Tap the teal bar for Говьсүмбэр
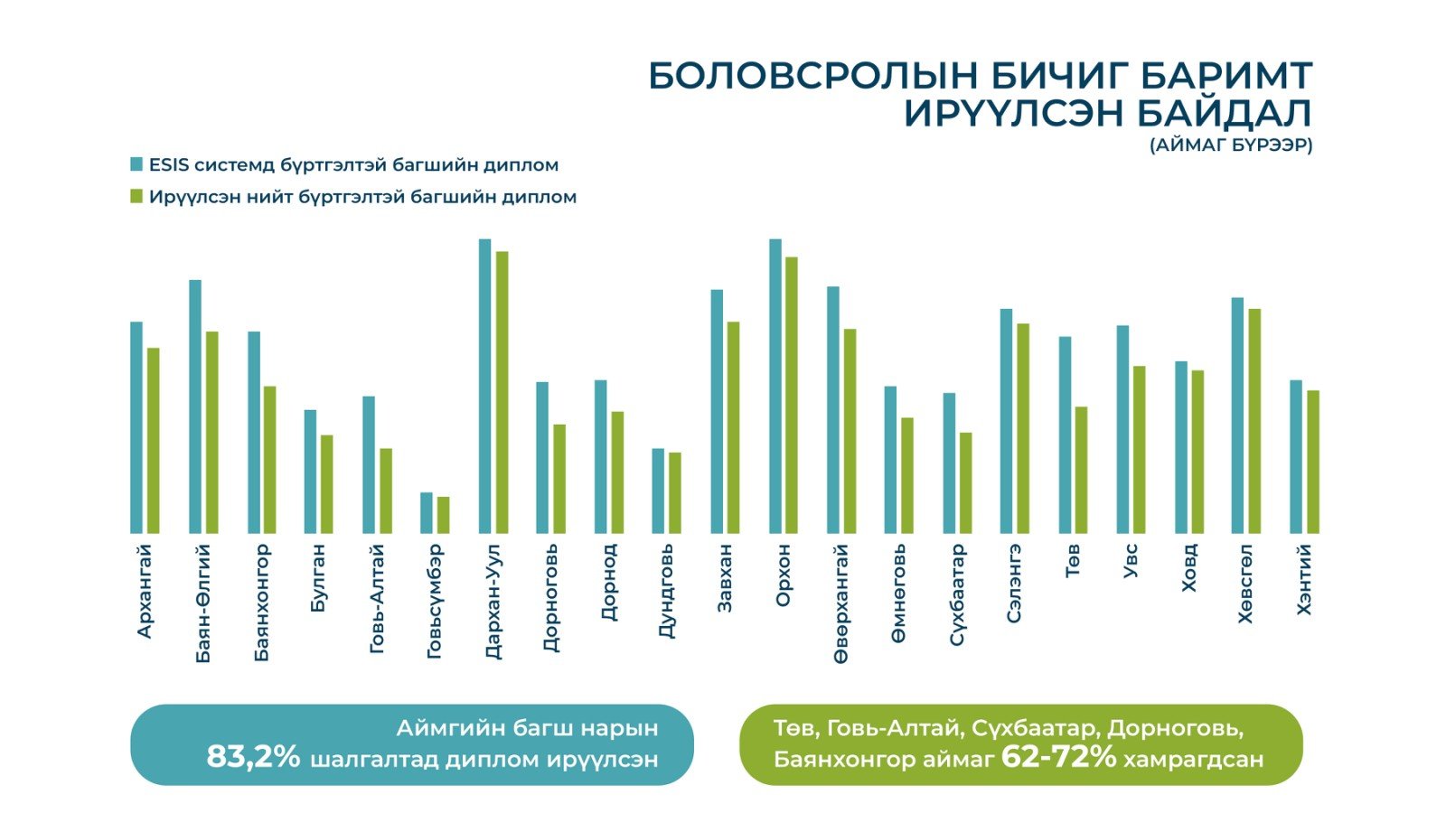(427, 512)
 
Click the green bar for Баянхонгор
(269, 460)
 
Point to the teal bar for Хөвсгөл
(1238, 416)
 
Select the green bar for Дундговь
(675, 492)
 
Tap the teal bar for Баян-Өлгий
(195, 406)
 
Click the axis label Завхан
(725, 579)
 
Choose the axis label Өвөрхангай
(841, 603)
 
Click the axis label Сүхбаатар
(957, 594)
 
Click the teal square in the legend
(137, 164)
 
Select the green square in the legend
(137, 196)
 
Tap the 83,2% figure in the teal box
(253, 757)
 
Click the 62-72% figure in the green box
(1058, 757)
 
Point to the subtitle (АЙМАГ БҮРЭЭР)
(1231, 145)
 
